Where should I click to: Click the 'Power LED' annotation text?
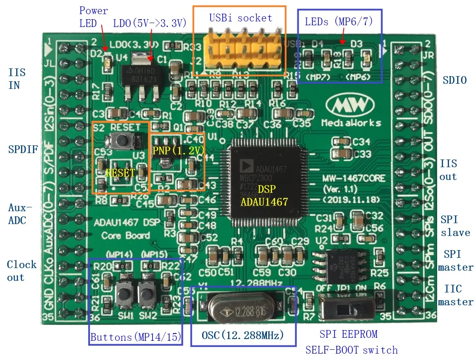(94, 17)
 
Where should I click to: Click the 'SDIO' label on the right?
(455, 80)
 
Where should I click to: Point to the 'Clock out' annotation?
(21, 271)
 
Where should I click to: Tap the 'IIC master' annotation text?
(455, 295)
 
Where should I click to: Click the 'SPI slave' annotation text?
(455, 226)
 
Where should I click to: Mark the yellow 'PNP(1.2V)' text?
(178, 150)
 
